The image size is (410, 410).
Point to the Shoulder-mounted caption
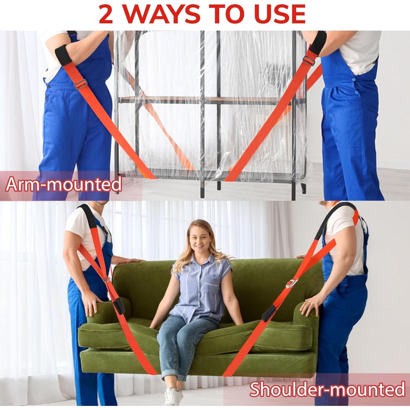tap(327, 389)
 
